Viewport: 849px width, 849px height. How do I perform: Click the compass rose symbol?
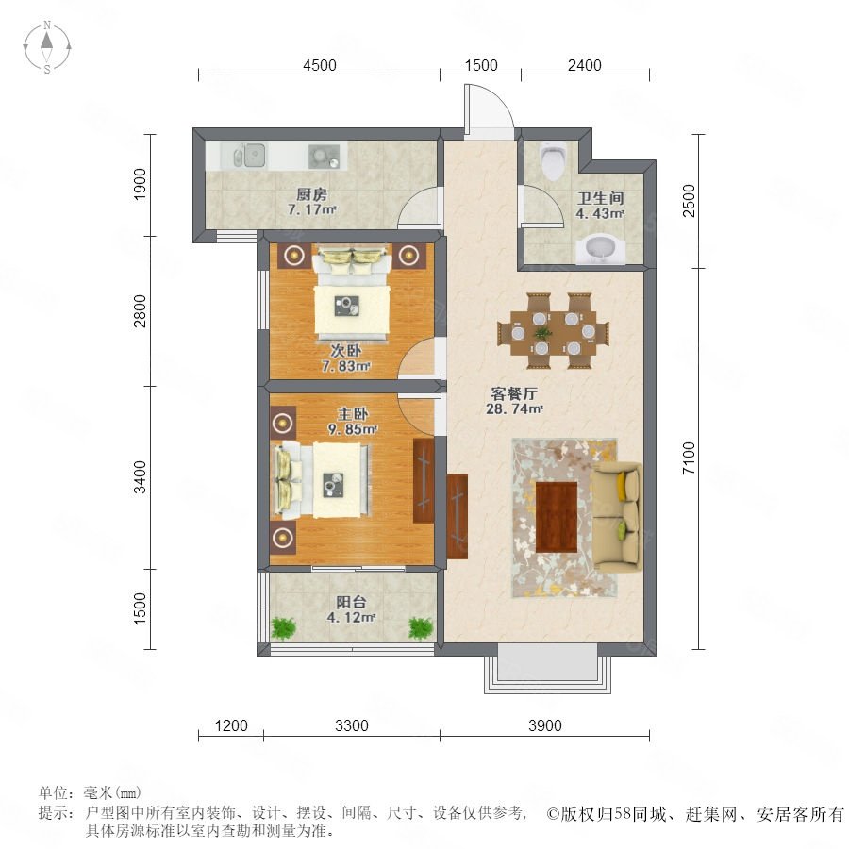47,47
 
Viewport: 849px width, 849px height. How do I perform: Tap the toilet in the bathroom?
554,160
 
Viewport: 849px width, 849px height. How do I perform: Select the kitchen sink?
249,156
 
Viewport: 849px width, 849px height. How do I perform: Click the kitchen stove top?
324,157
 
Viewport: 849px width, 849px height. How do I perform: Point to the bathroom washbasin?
600,250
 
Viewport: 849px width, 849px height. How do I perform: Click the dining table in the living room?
554,331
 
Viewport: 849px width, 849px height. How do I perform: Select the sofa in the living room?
618,516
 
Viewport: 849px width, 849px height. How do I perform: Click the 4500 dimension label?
320,65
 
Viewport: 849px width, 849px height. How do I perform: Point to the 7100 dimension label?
689,458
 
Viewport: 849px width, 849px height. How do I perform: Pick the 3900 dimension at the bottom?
544,725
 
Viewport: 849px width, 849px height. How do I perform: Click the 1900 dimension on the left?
140,184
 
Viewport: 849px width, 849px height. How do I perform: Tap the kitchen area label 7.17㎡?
312,209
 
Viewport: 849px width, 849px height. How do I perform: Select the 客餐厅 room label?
514,393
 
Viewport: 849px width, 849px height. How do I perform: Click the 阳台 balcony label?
351,602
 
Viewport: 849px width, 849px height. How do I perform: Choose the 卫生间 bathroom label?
601,198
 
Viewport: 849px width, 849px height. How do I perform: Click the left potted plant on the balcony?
283,628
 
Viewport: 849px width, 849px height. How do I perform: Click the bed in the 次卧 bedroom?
352,295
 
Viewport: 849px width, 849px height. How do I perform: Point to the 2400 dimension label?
585,65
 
